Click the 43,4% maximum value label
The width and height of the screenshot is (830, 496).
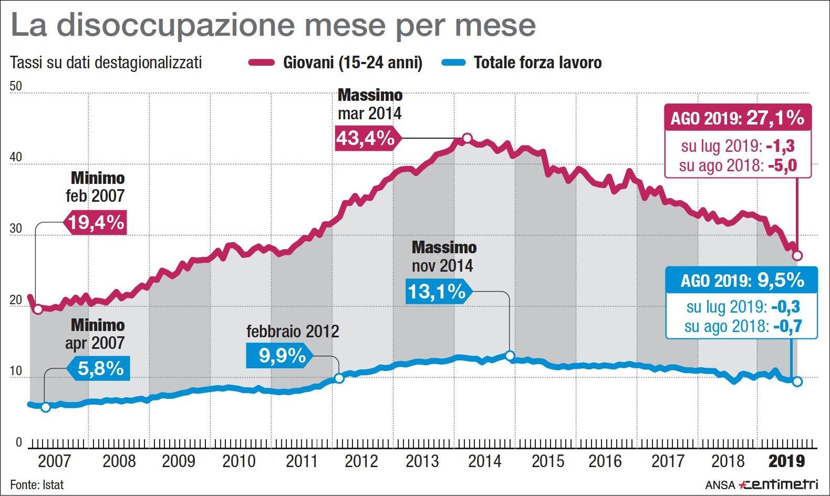coord(366,139)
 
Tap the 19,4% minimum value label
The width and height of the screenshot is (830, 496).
coord(96,222)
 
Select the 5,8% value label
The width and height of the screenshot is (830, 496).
coord(100,368)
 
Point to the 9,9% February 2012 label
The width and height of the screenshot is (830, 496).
coord(282,356)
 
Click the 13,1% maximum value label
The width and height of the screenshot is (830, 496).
coord(437,291)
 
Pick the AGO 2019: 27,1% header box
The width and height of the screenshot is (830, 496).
coord(738,118)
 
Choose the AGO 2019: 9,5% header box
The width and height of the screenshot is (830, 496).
coord(742,280)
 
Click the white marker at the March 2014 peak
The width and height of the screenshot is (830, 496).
coord(466,138)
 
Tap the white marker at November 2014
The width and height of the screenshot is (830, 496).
coord(510,356)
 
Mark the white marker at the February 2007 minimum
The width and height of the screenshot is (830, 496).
coord(38,309)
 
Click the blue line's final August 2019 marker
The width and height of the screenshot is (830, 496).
coord(797,381)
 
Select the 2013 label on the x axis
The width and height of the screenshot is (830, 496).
coord(422,461)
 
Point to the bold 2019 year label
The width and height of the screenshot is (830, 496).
coord(786,461)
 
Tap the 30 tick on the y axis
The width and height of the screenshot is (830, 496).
coord(16,229)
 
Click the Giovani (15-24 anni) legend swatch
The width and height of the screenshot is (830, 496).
coord(261,63)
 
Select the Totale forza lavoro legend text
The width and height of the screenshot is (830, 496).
coord(537,63)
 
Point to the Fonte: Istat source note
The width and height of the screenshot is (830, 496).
coord(37,484)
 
